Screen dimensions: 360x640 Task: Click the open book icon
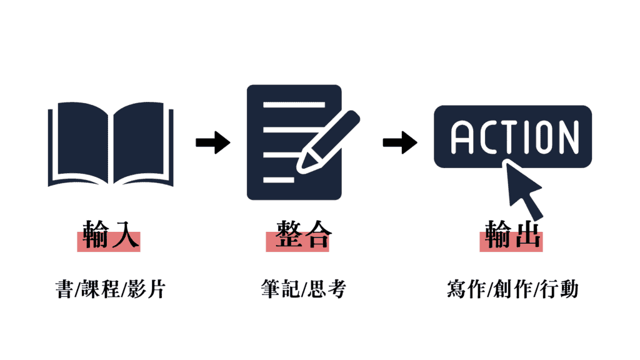click(x=111, y=145)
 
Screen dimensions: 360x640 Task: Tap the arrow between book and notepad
click(x=213, y=142)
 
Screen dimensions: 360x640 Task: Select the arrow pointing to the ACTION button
click(x=400, y=142)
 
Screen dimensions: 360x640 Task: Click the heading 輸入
click(x=108, y=235)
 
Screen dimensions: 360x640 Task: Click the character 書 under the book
click(x=64, y=289)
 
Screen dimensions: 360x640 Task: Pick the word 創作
click(x=512, y=289)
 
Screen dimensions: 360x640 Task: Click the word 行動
click(x=559, y=289)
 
